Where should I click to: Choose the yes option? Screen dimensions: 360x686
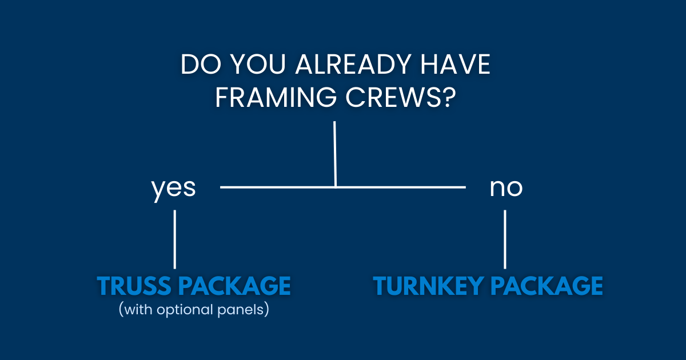coord(174,188)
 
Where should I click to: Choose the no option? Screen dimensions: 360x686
coord(506,188)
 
